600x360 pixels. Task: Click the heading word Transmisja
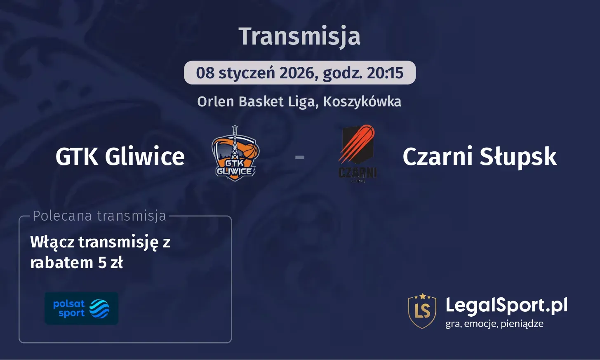coord(299,36)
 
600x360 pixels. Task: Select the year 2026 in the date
coord(296,73)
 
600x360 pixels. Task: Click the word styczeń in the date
coord(247,73)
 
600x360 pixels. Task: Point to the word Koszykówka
coord(362,101)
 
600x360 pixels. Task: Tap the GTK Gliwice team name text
coord(120,157)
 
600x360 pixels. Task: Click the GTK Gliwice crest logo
coord(235,154)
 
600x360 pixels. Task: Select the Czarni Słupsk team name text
coord(480,157)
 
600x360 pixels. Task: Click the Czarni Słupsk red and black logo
coord(358,153)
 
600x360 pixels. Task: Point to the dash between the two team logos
coord(300,157)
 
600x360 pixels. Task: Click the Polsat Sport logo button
coord(81,308)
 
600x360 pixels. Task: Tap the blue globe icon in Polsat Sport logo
coord(99,308)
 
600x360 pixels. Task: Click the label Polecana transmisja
coord(99,216)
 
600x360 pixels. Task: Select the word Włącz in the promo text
coord(52,242)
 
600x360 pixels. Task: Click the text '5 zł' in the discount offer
coord(111,262)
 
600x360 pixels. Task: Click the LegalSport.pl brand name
coord(506,306)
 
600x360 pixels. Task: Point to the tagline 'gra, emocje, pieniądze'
coord(494,324)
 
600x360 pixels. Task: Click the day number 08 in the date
coord(205,73)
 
